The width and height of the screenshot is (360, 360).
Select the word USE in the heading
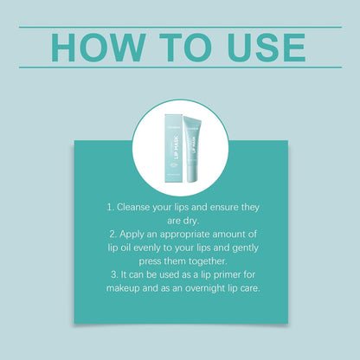click(x=266, y=48)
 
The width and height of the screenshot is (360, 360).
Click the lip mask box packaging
click(x=173, y=149)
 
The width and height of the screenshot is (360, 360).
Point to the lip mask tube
click(x=193, y=149)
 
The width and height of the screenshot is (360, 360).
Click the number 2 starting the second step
click(x=113, y=234)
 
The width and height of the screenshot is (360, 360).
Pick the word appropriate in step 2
click(x=184, y=235)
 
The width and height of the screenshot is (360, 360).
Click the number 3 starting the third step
click(x=114, y=274)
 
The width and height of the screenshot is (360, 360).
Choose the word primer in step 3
click(x=227, y=275)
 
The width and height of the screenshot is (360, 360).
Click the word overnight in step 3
click(x=205, y=288)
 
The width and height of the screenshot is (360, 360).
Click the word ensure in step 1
click(x=224, y=208)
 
